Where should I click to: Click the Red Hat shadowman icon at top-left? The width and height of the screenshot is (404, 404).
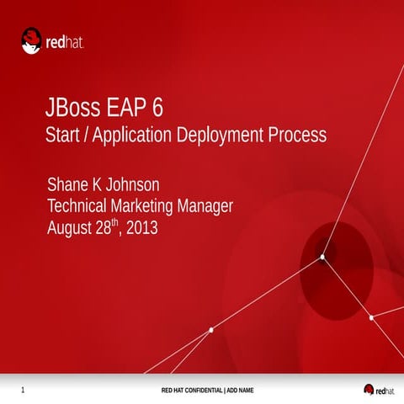click(x=32, y=40)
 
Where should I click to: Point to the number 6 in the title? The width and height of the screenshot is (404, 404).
click(x=158, y=109)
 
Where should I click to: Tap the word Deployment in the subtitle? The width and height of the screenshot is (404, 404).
click(x=223, y=135)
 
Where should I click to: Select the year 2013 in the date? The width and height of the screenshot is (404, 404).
click(x=141, y=228)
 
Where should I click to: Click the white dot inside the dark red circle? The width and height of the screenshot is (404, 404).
click(x=322, y=257)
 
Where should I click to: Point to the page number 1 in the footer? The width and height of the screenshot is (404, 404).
click(x=22, y=390)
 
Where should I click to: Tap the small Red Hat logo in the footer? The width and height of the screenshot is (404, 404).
click(x=378, y=390)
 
